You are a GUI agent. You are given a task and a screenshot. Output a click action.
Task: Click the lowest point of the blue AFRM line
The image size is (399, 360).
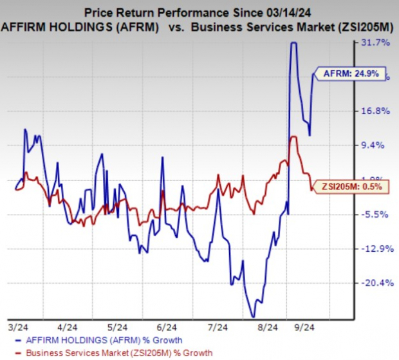pos(253,316)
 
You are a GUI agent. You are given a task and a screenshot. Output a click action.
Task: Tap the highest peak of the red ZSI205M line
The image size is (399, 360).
pos(293,137)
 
